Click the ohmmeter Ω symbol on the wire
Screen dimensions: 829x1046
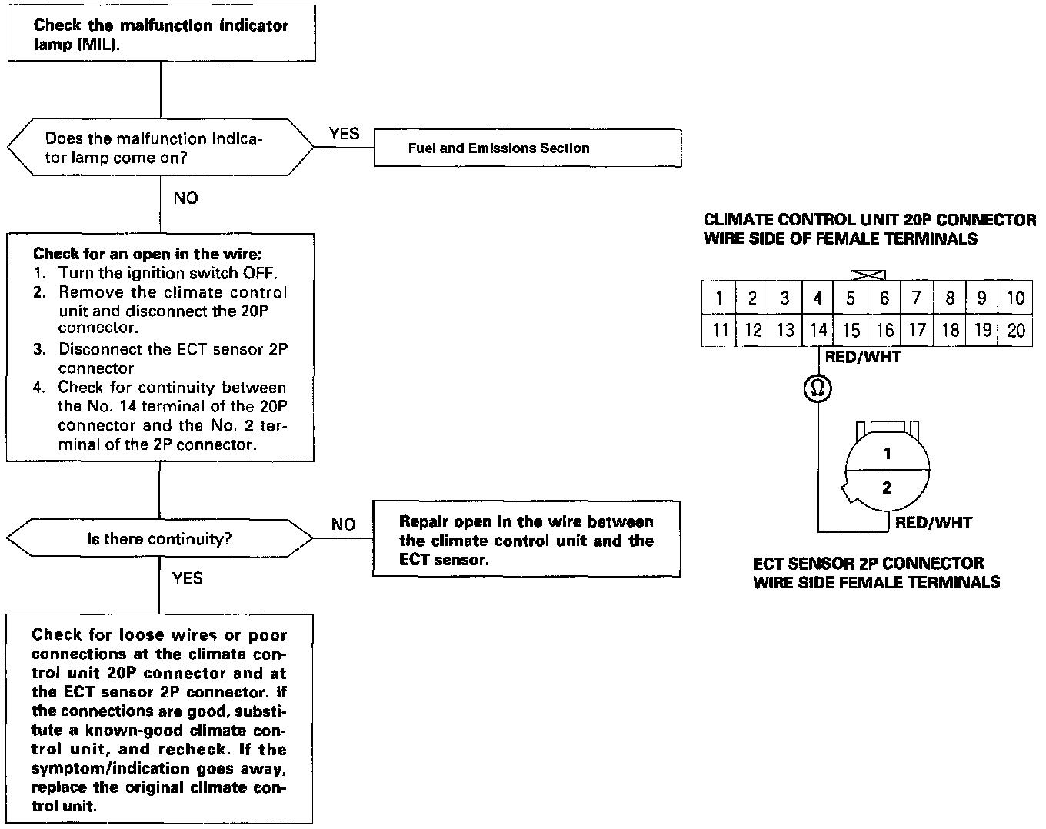click(x=818, y=389)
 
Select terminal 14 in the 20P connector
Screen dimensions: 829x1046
click(x=818, y=330)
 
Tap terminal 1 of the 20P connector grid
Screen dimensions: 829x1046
click(x=719, y=298)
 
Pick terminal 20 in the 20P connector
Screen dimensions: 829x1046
click(x=1015, y=330)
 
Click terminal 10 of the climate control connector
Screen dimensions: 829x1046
click(x=1015, y=298)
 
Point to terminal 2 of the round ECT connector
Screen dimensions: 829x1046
click(x=887, y=488)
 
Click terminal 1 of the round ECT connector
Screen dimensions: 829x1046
click(x=887, y=454)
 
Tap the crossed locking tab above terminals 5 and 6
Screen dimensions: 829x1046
click(x=868, y=275)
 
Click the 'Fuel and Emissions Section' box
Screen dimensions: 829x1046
click(x=528, y=148)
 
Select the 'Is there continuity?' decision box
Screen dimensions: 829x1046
click(x=160, y=538)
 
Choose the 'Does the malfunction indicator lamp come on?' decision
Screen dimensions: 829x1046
click(x=160, y=148)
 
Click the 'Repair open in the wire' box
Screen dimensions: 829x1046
click(x=526, y=540)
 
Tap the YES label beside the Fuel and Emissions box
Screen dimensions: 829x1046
click(x=344, y=134)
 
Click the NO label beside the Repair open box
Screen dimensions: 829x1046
click(x=343, y=524)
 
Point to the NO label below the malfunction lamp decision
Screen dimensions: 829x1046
click(x=185, y=198)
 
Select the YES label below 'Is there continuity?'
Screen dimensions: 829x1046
click(x=187, y=578)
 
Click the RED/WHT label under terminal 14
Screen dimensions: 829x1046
click(x=862, y=357)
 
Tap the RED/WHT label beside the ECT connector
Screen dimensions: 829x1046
click(x=934, y=523)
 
